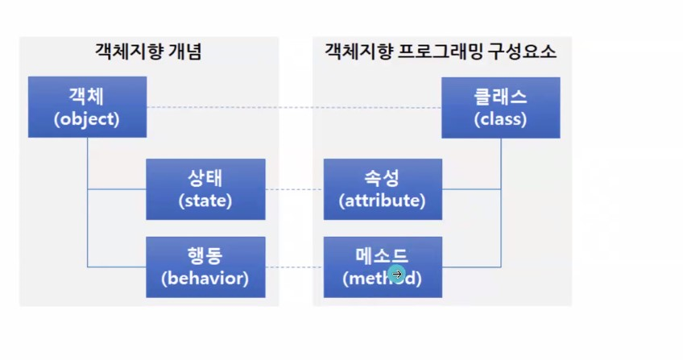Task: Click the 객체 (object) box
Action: (x=87, y=107)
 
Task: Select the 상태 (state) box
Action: (x=205, y=189)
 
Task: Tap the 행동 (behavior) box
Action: (x=205, y=267)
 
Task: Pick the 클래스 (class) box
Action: (x=500, y=107)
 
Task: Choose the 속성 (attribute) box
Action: (x=383, y=189)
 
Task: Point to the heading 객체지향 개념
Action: (x=148, y=53)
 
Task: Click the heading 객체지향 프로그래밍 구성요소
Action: (x=441, y=53)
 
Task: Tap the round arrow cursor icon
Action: (x=396, y=275)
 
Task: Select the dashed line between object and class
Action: (x=294, y=107)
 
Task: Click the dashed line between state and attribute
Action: (x=294, y=190)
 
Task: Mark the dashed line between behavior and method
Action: (x=294, y=267)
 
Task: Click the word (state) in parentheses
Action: (x=205, y=201)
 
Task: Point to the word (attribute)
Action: (x=383, y=201)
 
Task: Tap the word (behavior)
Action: (x=205, y=279)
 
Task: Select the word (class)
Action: (x=500, y=119)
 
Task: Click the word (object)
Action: (x=87, y=119)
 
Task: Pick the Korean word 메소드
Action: (x=383, y=256)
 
